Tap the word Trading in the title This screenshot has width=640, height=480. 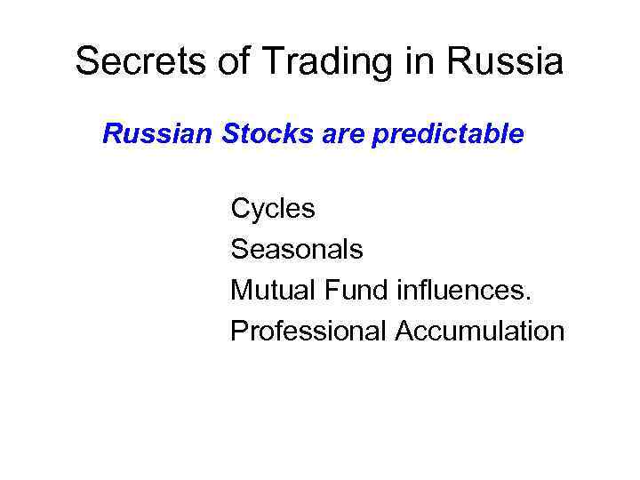pos(292,62)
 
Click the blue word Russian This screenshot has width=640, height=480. pos(157,134)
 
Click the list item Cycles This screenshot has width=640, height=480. pos(273,209)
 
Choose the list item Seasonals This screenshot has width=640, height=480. pos(297,250)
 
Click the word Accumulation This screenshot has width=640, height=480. pos(480,332)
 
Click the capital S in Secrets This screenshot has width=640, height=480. pos(86,62)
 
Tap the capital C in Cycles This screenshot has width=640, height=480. pos(241,209)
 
